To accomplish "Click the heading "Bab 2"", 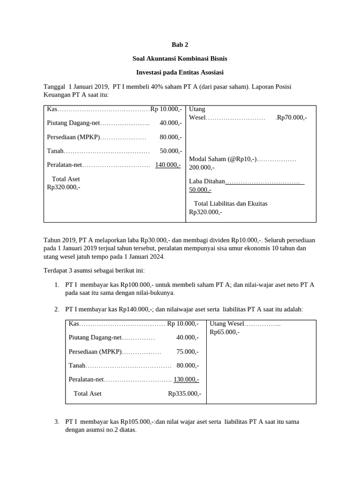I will [180, 45].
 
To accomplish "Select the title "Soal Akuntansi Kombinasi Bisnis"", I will [180, 59].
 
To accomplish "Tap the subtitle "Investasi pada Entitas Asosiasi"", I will [180, 73].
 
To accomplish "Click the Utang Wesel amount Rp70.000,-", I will [292, 117].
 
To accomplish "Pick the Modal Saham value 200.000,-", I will [202, 167].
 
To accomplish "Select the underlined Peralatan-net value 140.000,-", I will [168, 165].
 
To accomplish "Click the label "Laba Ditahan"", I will [207, 181].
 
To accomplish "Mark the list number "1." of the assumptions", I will [56, 285].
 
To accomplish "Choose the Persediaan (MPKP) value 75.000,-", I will [187, 351].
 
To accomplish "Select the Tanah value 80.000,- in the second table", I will [187, 365].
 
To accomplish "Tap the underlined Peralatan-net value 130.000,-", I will [186, 379].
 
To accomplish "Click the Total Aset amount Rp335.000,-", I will [185, 393].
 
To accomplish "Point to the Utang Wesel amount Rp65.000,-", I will [225, 332].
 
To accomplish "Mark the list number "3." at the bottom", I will [56, 421].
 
